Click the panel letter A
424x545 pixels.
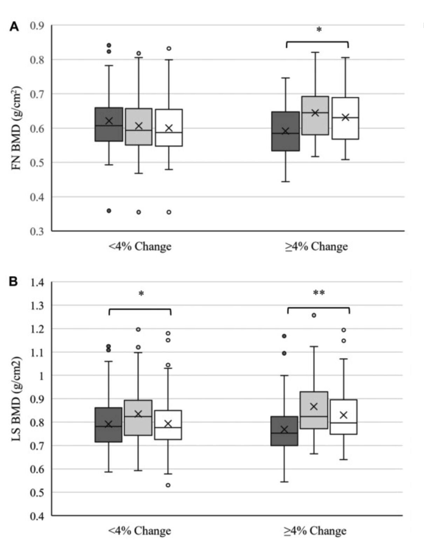(x=14, y=26)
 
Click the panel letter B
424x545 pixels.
(x=13, y=281)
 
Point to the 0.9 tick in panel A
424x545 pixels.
(x=37, y=25)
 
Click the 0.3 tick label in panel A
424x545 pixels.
(x=37, y=231)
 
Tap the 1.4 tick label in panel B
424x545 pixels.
(x=37, y=283)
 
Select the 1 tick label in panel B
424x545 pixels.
(x=41, y=376)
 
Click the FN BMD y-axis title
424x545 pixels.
(x=16, y=128)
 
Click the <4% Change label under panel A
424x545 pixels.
(x=140, y=246)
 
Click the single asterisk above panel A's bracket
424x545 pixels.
(x=319, y=30)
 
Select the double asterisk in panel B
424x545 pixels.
(x=319, y=293)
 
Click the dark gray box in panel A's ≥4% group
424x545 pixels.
(x=286, y=131)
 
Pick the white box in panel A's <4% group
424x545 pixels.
(x=169, y=127)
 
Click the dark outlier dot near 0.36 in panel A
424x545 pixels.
(x=109, y=211)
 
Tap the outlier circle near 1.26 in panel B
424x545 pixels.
(x=314, y=315)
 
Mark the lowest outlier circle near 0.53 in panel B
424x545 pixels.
(x=168, y=485)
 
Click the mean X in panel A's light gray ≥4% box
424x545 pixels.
(x=315, y=113)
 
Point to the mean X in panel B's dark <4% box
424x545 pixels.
(x=108, y=424)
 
